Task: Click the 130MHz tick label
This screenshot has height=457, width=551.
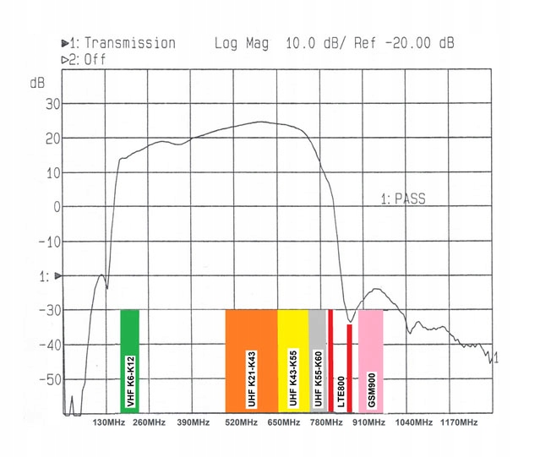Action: [x=109, y=422]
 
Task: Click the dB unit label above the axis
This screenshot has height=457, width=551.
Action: [x=37, y=83]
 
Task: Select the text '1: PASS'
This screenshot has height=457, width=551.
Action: [x=402, y=199]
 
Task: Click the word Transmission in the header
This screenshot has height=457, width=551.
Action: [x=129, y=43]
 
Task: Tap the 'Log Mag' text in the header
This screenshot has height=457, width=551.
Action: [x=240, y=43]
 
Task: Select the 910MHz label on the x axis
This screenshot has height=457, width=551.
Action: [x=369, y=422]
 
